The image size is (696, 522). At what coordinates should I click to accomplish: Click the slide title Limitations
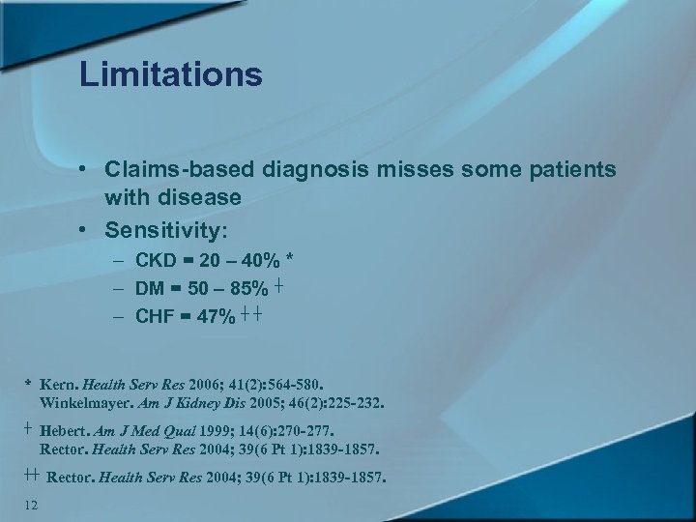(171, 74)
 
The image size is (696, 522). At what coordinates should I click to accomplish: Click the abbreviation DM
(150, 288)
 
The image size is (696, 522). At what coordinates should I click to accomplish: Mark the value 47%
(216, 317)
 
